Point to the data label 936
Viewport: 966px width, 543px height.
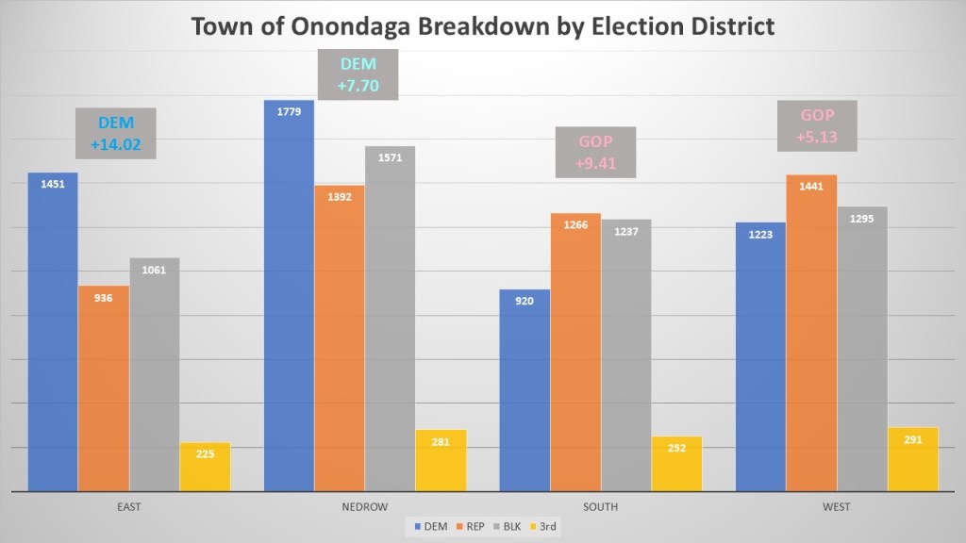pyautogui.click(x=104, y=298)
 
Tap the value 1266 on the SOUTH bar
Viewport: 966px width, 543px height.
pyautogui.click(x=575, y=225)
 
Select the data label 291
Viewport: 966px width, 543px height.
pyautogui.click(x=912, y=440)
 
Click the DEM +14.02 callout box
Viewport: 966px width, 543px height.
pyautogui.click(x=117, y=134)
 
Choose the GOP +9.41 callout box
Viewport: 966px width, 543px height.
pyautogui.click(x=595, y=153)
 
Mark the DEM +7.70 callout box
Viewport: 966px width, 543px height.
pyautogui.click(x=357, y=74)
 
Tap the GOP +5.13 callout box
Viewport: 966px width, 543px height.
pyautogui.click(x=817, y=126)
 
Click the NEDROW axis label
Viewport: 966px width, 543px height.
pyautogui.click(x=364, y=507)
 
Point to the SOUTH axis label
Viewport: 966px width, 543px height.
pyautogui.click(x=600, y=507)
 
